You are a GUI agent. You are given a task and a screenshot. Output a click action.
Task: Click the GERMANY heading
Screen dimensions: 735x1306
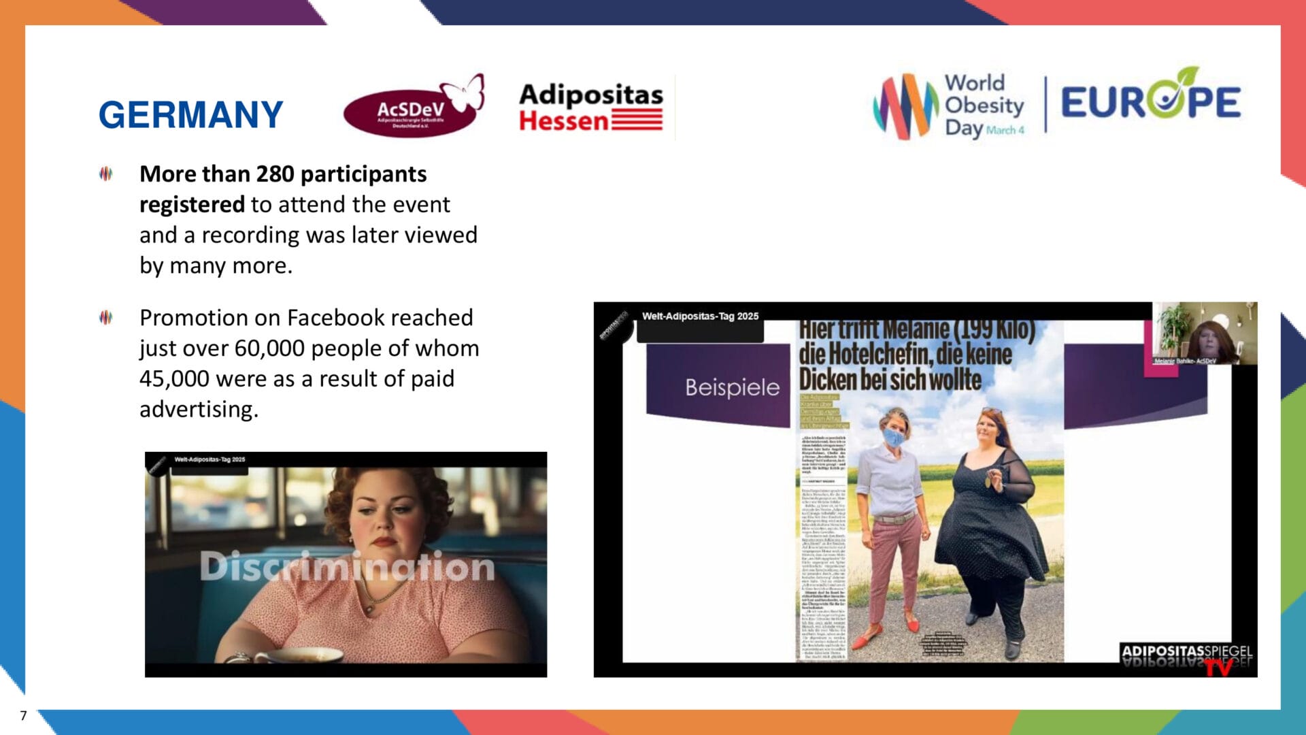[x=190, y=114]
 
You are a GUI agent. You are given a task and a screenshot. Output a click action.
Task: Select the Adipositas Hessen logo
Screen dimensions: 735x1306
[x=590, y=108]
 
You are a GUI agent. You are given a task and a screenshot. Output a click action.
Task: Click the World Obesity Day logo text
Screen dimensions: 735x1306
[x=984, y=105]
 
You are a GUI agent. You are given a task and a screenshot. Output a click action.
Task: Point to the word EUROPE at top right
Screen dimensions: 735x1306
[x=1150, y=102]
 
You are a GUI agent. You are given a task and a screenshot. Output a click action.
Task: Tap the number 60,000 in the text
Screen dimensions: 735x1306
[x=271, y=348]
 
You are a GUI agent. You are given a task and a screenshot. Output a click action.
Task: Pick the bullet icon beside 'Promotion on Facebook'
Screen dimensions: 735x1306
[x=105, y=317]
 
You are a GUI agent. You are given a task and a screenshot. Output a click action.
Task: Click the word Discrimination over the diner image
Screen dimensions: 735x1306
[x=347, y=566]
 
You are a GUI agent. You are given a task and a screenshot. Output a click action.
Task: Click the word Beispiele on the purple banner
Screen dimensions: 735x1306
[x=732, y=387]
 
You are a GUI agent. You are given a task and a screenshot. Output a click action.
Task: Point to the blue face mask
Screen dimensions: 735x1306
[x=894, y=438]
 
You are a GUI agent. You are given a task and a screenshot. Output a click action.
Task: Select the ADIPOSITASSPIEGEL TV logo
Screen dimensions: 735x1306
[x=1187, y=657]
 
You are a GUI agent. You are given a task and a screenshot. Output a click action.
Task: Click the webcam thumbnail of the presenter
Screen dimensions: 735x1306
[x=1204, y=333]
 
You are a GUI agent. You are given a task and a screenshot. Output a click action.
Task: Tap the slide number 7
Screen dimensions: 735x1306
[x=23, y=715]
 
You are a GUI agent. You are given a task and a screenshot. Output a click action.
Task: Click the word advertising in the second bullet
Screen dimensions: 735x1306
[x=199, y=410]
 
